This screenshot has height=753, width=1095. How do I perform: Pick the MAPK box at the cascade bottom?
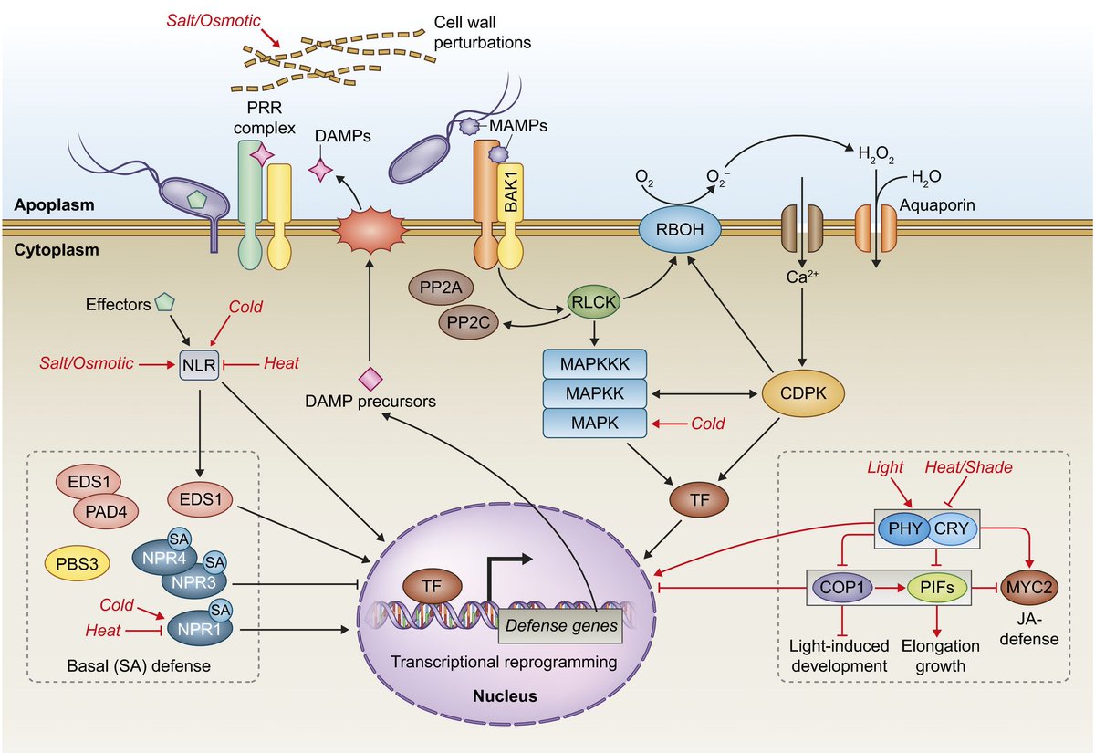click(x=594, y=424)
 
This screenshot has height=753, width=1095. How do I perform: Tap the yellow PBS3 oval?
click(x=78, y=563)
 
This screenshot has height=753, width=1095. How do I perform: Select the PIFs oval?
click(x=938, y=589)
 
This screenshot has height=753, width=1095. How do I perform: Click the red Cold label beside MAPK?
click(x=708, y=424)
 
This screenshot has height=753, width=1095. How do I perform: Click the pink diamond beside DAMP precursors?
click(x=370, y=376)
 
